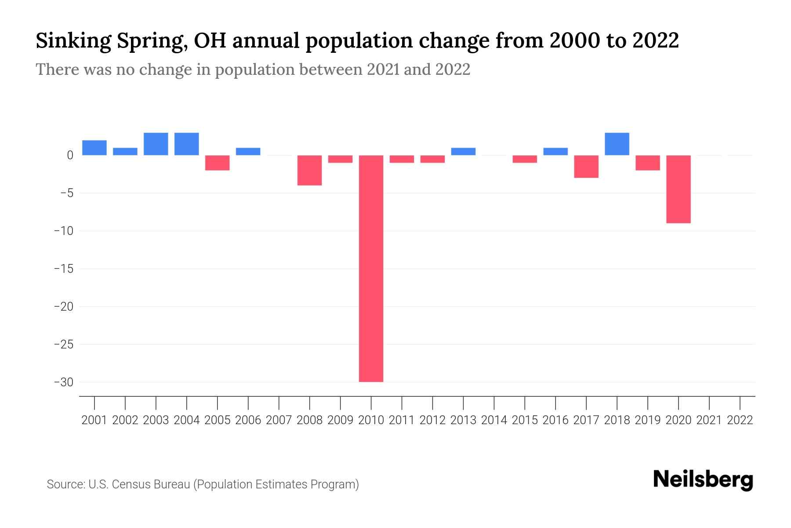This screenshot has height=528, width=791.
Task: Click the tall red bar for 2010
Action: [371, 268]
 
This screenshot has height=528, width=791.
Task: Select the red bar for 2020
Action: [679, 189]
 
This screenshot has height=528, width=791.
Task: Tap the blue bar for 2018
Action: [617, 144]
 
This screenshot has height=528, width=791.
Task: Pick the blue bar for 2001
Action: [94, 148]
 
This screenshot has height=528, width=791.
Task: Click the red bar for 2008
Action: [310, 170]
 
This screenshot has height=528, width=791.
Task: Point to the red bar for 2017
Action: [586, 166]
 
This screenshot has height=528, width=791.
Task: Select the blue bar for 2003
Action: [156, 144]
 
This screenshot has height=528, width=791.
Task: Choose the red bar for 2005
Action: [218, 163]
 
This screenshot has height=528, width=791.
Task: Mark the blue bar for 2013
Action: [463, 151]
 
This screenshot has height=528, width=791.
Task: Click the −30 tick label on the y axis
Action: [63, 382]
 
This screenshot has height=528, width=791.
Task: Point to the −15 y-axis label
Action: [63, 268]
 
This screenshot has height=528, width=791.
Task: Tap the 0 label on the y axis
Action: [70, 155]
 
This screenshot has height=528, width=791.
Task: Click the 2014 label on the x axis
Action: [494, 420]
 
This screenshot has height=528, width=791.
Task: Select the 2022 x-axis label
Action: [740, 420]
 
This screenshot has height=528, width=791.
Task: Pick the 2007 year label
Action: [279, 420]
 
